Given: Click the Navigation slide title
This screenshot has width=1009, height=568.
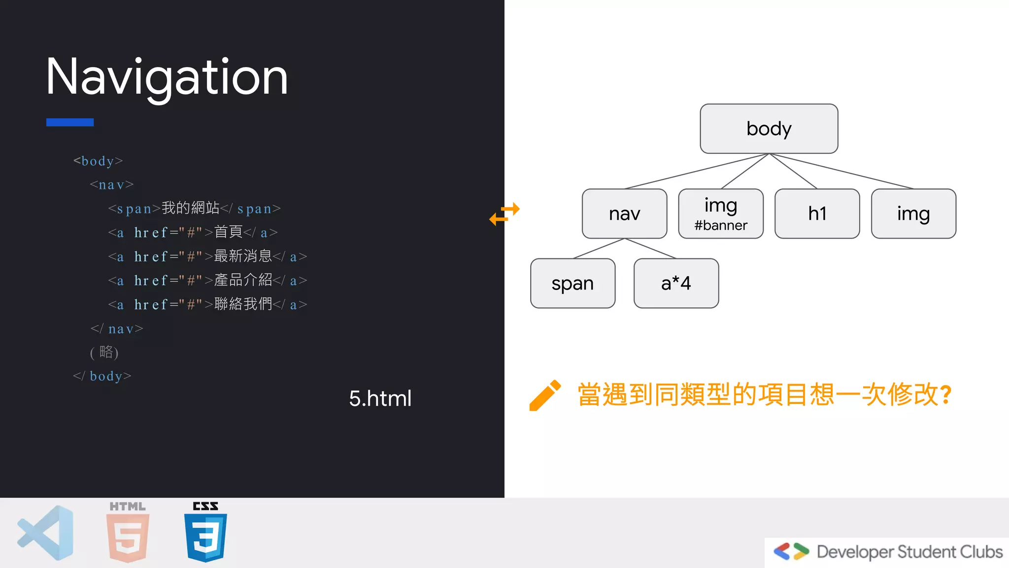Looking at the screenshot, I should pos(167,77).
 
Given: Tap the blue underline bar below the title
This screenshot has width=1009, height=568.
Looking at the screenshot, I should pos(70,122).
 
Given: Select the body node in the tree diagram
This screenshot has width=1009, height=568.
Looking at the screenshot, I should pos(769,129).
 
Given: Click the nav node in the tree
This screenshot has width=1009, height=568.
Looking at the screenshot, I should pos(624,213).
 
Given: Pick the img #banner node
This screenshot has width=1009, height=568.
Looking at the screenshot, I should pos(721,213).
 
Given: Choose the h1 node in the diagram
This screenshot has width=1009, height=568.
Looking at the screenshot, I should pos(817,213).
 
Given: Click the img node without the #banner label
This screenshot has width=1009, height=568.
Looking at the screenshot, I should pos(913,213).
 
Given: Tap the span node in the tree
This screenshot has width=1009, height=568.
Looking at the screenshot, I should pos(572,283).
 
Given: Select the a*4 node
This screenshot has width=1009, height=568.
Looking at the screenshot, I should pos(676,283).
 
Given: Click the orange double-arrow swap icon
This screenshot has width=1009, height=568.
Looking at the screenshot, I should pos(504,213).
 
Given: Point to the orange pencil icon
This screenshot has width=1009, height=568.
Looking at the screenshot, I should pos(544,395).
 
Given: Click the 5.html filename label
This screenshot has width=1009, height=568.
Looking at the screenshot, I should pos(380,398).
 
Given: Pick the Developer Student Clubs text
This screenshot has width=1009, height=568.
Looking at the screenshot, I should pos(909,552).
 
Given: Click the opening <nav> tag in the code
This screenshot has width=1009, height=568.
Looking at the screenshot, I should pos(112,185).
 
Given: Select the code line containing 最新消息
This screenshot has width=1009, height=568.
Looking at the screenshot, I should pos(207,256).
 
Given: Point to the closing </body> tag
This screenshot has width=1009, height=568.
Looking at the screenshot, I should pos(102,376).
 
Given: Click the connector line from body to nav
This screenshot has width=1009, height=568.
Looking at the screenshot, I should pos(697,171).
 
